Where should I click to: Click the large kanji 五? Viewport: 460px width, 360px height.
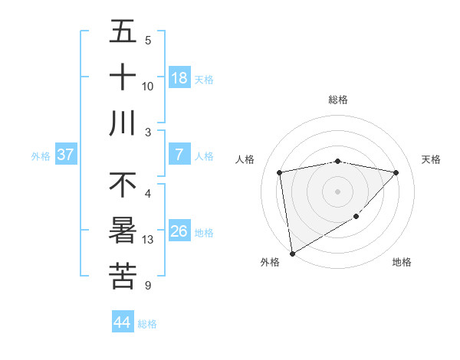pyautogui.click(x=123, y=31)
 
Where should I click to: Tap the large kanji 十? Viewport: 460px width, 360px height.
pyautogui.click(x=123, y=77)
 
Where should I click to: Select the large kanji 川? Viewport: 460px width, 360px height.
pyautogui.click(x=123, y=123)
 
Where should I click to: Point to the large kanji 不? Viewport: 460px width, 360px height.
pyautogui.click(x=123, y=185)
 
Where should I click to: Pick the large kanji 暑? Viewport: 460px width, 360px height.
pyautogui.click(x=123, y=231)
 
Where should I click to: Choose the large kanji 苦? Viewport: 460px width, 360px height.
pyautogui.click(x=123, y=277)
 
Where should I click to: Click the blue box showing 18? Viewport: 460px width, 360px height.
pyautogui.click(x=179, y=78)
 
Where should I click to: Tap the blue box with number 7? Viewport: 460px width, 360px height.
pyautogui.click(x=179, y=155)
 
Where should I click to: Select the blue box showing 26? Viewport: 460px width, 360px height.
pyautogui.click(x=179, y=231)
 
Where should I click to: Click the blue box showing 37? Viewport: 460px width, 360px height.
pyautogui.click(x=66, y=155)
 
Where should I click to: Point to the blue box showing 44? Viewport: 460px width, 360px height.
pyautogui.click(x=123, y=322)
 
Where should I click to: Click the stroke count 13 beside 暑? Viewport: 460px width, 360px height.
pyautogui.click(x=148, y=240)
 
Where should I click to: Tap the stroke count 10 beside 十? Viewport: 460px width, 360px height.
pyautogui.click(x=148, y=87)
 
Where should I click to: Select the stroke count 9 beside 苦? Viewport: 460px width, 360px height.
pyautogui.click(x=147, y=286)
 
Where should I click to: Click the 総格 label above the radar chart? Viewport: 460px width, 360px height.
pyautogui.click(x=337, y=100)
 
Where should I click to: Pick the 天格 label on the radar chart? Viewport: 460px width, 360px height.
pyautogui.click(x=432, y=159)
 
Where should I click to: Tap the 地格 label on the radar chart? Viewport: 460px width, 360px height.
pyautogui.click(x=402, y=262)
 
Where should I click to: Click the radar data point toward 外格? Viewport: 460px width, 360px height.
pyautogui.click(x=292, y=253)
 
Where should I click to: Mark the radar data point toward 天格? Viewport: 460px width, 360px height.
pyautogui.click(x=396, y=172)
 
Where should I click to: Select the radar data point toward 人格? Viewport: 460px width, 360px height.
pyautogui.click(x=280, y=172)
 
